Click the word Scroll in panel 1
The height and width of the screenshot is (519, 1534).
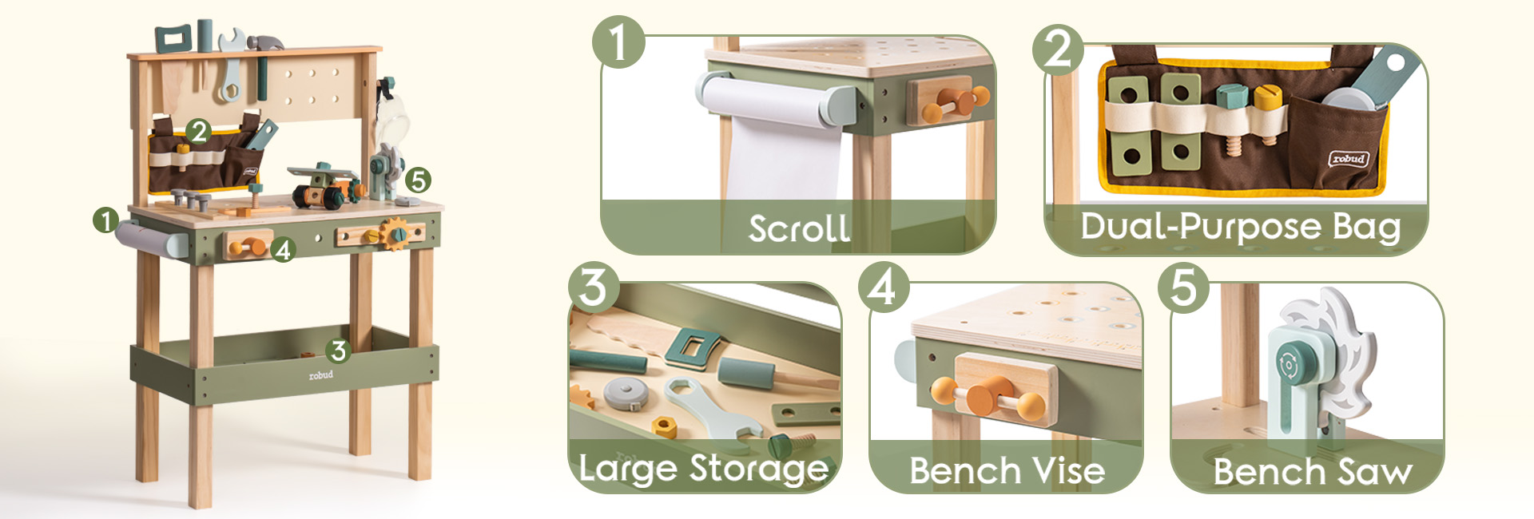799,229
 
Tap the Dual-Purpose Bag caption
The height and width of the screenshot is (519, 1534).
1241,226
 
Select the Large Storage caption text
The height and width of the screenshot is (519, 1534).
704,469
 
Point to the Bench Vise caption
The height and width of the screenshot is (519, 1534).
1007,470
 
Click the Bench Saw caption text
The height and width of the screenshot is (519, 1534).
1313,471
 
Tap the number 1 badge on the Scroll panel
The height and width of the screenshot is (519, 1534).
618,42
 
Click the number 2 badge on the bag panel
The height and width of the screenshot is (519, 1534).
1059,50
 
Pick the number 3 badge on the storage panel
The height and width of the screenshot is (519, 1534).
594,287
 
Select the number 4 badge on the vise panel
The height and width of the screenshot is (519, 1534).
883,287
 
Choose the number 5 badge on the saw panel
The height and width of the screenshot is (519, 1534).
1184,287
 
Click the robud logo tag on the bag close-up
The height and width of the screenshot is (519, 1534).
1349,159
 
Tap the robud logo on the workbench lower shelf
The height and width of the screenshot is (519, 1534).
321,374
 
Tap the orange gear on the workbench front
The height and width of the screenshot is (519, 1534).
395,234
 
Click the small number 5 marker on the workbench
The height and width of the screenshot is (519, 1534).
418,180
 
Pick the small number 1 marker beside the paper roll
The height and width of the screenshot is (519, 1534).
105,220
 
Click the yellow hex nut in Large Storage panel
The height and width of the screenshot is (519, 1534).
664,426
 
